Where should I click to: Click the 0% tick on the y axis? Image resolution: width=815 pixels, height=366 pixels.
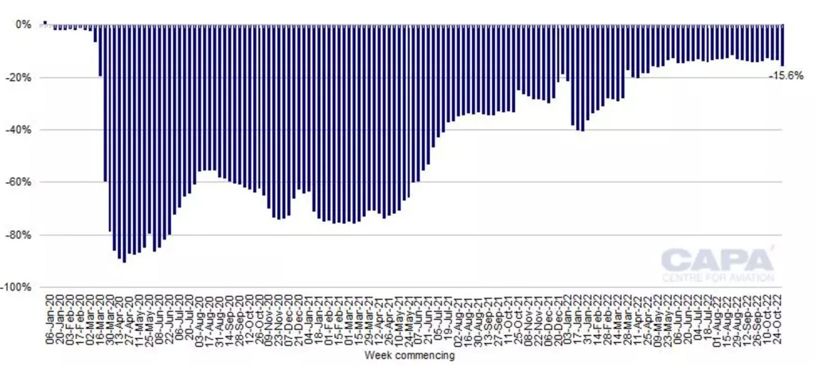pos(25,25)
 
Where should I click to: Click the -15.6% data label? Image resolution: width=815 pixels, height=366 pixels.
pos(786,76)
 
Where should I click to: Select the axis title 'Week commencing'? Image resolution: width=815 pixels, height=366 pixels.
pos(408,356)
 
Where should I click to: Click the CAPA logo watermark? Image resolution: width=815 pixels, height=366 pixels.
pos(717,259)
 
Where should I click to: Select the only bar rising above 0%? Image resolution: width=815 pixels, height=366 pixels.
pos(45,23)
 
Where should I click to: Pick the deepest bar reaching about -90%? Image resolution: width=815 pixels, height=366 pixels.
pos(124,143)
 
